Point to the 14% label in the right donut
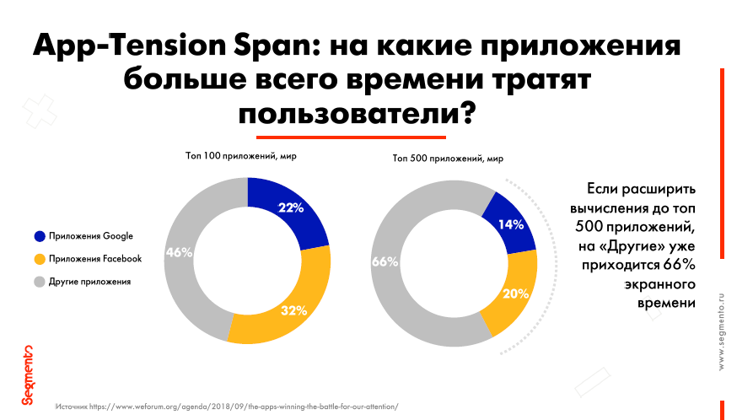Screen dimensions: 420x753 [512, 225]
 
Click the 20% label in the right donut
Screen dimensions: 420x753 [515, 294]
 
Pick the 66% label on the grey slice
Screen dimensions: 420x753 [385, 262]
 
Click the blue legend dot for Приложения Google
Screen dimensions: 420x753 [39, 236]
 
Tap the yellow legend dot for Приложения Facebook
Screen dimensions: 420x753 [39, 259]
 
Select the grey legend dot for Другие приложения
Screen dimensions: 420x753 [39, 281]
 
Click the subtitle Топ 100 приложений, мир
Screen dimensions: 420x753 [241, 156]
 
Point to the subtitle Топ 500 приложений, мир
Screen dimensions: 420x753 [448, 158]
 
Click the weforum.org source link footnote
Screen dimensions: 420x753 [226, 407]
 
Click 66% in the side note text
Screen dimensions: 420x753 [679, 265]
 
